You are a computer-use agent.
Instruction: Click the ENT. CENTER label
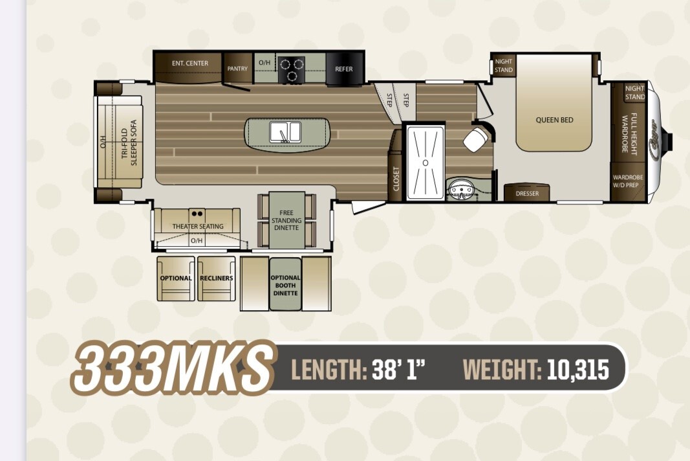pyautogui.click(x=190, y=63)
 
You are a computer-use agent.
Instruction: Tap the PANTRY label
pyautogui.click(x=237, y=69)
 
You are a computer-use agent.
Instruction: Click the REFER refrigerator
pyautogui.click(x=344, y=69)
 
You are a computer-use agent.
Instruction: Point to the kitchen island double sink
pyautogui.click(x=285, y=132)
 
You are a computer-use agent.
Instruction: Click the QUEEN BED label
pyautogui.click(x=554, y=120)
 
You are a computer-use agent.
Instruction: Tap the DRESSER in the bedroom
pyautogui.click(x=527, y=193)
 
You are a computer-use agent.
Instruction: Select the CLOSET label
pyautogui.click(x=396, y=179)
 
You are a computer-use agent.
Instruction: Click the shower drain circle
pyautogui.click(x=426, y=163)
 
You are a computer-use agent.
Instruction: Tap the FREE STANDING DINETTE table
pyautogui.click(x=286, y=220)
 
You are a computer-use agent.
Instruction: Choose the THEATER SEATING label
pyautogui.click(x=198, y=226)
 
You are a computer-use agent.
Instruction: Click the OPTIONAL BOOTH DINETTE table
pyautogui.click(x=286, y=284)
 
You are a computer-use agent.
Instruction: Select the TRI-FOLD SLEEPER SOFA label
pyautogui.click(x=130, y=142)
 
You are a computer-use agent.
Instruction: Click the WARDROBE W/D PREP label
pyautogui.click(x=628, y=181)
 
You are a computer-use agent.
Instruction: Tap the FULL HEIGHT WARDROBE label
pyautogui.click(x=629, y=133)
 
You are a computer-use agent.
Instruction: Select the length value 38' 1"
pyautogui.click(x=399, y=369)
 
